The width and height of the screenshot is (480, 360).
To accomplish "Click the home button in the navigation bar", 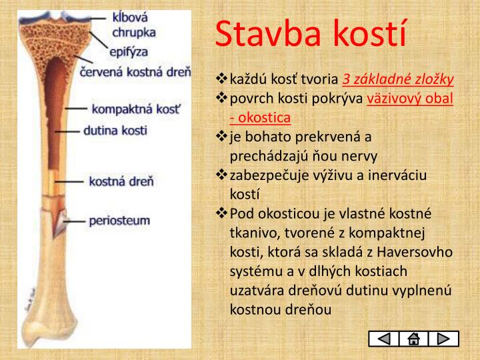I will (x=413, y=339).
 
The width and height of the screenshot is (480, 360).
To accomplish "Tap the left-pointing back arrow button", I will (x=383, y=339).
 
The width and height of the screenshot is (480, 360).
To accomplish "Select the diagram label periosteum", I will (x=119, y=220).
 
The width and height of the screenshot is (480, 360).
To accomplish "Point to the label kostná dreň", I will (x=121, y=181).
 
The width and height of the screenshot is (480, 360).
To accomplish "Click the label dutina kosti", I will (x=115, y=131).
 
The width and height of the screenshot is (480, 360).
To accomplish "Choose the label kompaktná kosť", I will (x=135, y=108).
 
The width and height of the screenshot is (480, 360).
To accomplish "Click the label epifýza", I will (x=130, y=51).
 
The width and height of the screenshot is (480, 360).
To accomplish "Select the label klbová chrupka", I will (x=133, y=25).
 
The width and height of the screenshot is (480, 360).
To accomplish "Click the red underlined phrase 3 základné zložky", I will (x=398, y=80).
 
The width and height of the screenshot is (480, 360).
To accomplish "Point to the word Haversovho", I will (x=415, y=252).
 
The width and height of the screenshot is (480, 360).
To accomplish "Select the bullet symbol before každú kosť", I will (x=222, y=80).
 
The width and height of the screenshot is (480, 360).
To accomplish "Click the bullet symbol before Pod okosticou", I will (x=222, y=213).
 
